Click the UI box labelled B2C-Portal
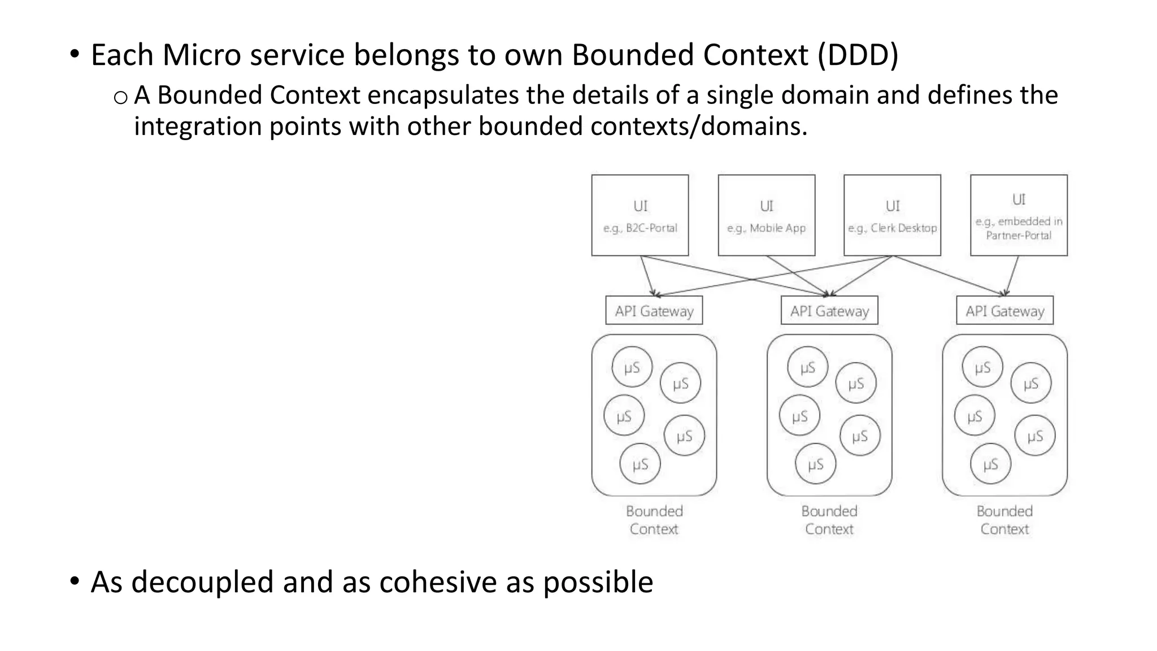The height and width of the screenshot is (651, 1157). coord(640,215)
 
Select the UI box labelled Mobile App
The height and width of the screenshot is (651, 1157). coord(766,215)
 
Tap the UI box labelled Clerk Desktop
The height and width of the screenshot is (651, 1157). coord(892,215)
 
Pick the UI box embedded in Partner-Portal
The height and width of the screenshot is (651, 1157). coord(1019,215)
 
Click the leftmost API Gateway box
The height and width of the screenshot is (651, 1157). coord(654,310)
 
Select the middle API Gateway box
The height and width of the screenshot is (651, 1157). coord(829,310)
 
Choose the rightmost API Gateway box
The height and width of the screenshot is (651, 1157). coord(1004,310)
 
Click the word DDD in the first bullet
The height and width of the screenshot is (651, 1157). coord(858,55)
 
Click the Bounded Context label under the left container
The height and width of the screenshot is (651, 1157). coord(654,520)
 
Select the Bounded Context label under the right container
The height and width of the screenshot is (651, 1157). coord(1004,520)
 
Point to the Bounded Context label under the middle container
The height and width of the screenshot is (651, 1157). coord(829,520)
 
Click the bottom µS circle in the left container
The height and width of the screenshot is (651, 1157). coord(640,464)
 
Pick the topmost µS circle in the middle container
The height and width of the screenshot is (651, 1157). coord(807,367)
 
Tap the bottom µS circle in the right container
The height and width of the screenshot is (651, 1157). coord(990,464)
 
